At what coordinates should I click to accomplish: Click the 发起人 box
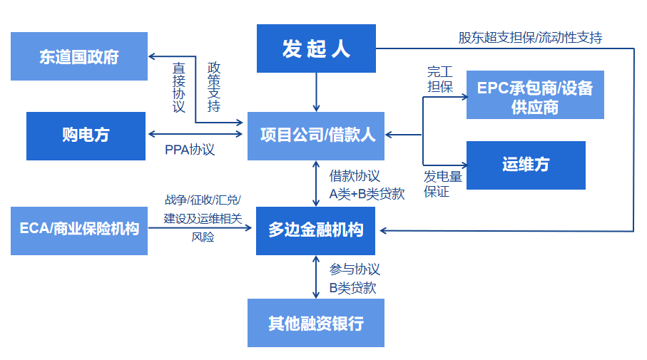coord(316,48)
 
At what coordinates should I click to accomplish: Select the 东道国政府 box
coord(79,56)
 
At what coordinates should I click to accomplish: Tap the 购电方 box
coord(86,135)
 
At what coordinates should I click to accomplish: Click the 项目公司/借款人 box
coord(316,135)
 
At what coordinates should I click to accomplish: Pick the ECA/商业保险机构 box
coord(79,230)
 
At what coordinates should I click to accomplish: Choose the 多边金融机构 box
coord(316,230)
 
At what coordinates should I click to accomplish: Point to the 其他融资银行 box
coord(316,323)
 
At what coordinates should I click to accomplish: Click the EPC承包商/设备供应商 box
coord(535,96)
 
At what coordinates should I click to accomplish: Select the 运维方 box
coord(526,165)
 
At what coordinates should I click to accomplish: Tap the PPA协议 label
coord(190,150)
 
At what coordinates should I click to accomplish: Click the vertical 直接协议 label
coord(179,88)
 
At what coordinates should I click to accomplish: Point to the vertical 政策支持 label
coord(213,88)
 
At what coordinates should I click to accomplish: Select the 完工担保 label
coord(439,79)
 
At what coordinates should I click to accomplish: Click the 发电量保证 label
coord(442,184)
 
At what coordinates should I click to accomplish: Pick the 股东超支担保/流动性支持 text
coord(530,38)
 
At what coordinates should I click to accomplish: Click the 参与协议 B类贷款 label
coord(354,278)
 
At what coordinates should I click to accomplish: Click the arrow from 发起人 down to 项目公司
coord(316,92)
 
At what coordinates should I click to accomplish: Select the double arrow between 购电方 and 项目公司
coord(197,134)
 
